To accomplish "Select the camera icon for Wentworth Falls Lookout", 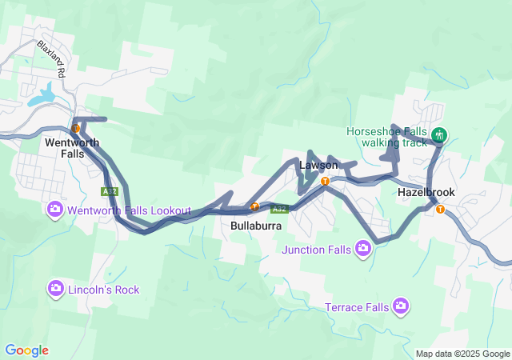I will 55,210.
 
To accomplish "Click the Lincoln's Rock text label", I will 104,289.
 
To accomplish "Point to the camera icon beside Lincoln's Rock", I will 55,288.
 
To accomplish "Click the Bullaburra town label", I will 254,226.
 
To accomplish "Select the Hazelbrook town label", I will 426,194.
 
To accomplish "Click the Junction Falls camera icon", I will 363,249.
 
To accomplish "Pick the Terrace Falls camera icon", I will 401,306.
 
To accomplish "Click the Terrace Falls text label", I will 357,307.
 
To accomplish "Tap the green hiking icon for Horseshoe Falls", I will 438,135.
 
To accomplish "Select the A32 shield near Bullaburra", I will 278,210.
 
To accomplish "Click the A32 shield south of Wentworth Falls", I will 110,192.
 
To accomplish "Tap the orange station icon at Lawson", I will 325,182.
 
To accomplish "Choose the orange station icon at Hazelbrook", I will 440,210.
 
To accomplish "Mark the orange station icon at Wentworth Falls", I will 75,128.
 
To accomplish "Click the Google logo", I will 26,350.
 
